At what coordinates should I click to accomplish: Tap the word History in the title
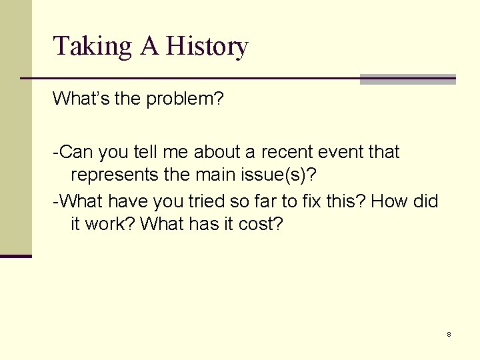coord(207,47)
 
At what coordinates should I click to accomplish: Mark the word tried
coord(203,201)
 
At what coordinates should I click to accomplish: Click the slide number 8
coord(449,334)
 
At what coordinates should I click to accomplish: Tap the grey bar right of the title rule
coord(407,79)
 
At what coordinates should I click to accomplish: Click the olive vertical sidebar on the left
coord(15,127)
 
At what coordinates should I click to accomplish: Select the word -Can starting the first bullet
coord(73,152)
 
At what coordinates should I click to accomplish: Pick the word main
coord(215,176)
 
